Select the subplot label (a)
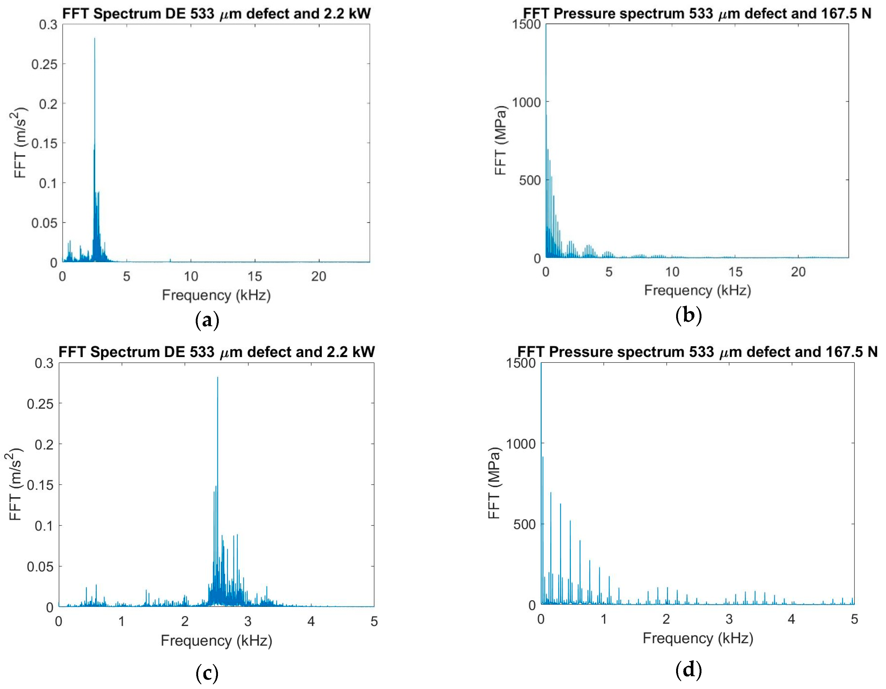click(x=207, y=320)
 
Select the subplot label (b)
click(x=688, y=315)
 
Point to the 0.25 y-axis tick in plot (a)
click(x=45, y=64)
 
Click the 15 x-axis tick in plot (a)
click(x=255, y=277)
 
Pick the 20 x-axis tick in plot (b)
click(x=798, y=272)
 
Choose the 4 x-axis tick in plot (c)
click(x=311, y=622)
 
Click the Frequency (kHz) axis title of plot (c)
click(x=216, y=641)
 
